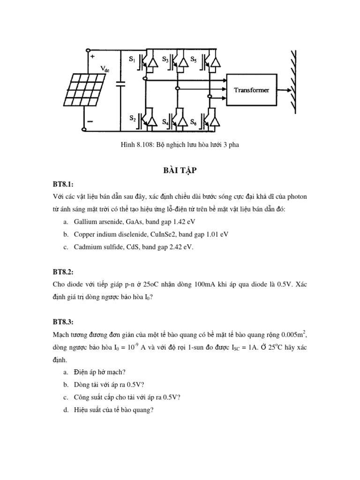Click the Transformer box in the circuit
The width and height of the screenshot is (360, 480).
[x=252, y=90]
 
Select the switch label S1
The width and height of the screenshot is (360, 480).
[x=132, y=60]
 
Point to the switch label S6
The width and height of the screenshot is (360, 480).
[x=193, y=122]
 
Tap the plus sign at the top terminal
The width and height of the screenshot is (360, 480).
[x=92, y=57]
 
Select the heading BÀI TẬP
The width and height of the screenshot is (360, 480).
[x=180, y=171]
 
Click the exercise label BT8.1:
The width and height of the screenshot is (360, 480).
[x=63, y=184]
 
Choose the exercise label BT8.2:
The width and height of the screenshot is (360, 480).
[x=63, y=272]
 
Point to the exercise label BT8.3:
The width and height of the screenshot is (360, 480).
[x=63, y=322]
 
